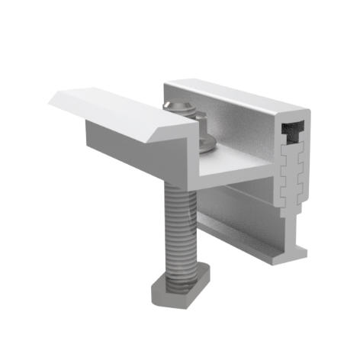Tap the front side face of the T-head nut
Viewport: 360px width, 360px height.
172,294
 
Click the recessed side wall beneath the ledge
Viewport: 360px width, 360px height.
236,206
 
